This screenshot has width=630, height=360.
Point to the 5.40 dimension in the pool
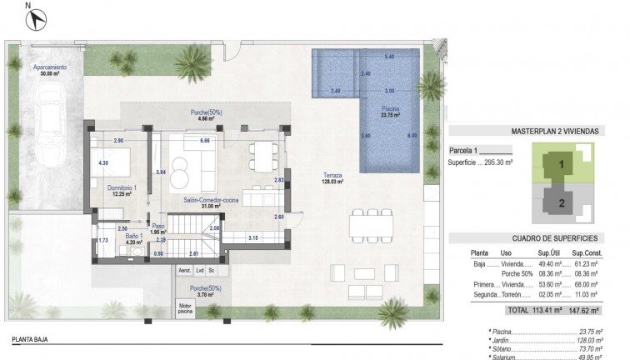(389, 57)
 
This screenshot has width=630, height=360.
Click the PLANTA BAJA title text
(34, 340)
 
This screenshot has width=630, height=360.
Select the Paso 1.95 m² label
(159, 229)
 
